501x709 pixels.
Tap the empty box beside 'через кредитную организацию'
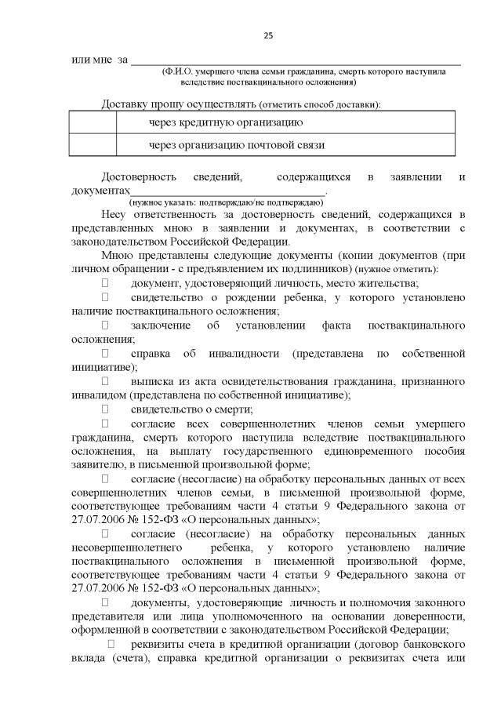[93, 123]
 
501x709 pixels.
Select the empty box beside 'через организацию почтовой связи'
[93, 145]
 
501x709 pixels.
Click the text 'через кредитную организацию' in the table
[226, 123]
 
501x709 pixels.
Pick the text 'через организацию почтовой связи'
[236, 145]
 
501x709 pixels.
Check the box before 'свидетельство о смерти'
[105, 409]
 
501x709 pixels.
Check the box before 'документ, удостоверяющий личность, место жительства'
[105, 283]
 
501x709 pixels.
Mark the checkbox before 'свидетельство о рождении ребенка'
[105, 298]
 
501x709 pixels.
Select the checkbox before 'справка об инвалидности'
[105, 354]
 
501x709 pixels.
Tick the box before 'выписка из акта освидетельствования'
[105, 382]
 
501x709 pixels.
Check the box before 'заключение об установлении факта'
[105, 325]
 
